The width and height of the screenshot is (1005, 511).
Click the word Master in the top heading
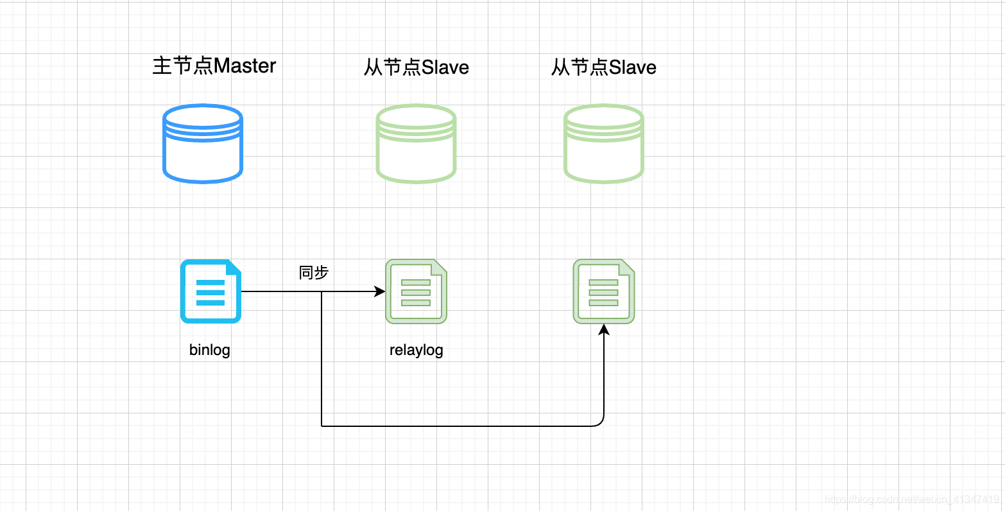pyautogui.click(x=245, y=66)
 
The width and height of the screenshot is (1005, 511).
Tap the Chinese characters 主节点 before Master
pyautogui.click(x=182, y=66)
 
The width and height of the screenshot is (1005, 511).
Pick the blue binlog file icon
pyautogui.click(x=210, y=291)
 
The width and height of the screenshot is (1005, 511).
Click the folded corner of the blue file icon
pyautogui.click(x=234, y=266)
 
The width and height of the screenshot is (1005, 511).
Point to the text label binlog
pyautogui.click(x=210, y=351)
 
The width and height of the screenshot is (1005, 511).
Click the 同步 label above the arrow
pyautogui.click(x=314, y=273)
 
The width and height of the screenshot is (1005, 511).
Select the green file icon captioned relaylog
pyautogui.click(x=416, y=291)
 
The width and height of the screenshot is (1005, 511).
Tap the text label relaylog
pyautogui.click(x=416, y=351)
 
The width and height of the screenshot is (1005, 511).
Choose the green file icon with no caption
pyautogui.click(x=603, y=291)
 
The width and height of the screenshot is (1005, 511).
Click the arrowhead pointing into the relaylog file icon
pyautogui.click(x=380, y=291)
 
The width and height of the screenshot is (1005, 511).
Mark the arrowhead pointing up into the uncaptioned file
pyautogui.click(x=603, y=329)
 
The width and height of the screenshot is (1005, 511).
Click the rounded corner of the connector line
pyautogui.click(x=601, y=423)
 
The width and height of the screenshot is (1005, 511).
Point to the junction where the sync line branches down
pyautogui.click(x=322, y=291)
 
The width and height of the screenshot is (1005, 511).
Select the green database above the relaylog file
pyautogui.click(x=416, y=144)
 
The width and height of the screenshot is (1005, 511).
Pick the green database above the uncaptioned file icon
pyautogui.click(x=603, y=144)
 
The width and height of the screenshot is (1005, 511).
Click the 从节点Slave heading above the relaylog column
pyautogui.click(x=416, y=67)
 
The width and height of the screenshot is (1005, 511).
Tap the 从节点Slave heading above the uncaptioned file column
pyautogui.click(x=603, y=67)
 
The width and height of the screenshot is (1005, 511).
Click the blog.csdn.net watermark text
pyautogui.click(x=911, y=499)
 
